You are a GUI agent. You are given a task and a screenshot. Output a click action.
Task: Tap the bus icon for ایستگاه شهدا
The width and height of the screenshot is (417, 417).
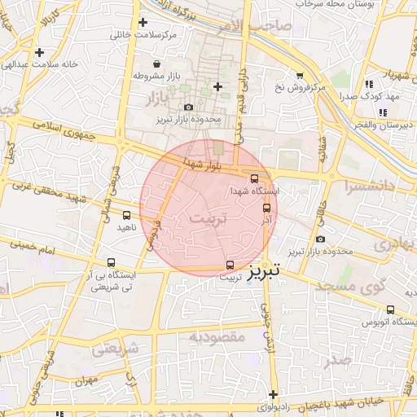254,178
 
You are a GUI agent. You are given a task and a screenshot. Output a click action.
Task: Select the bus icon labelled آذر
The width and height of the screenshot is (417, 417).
266,208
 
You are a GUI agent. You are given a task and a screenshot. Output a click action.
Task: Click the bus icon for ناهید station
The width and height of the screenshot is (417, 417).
125,215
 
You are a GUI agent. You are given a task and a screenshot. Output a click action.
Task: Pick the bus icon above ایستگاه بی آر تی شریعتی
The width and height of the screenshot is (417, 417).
111,263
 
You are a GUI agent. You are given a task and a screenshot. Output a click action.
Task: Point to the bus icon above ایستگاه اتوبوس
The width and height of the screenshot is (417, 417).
390,309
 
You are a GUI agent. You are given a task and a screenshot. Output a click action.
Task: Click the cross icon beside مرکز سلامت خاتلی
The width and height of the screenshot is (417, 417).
143,23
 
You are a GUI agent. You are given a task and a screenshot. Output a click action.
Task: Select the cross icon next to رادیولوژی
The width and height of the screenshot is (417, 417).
273,393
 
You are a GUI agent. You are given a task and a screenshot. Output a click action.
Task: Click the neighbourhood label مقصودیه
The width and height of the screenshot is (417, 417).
217,336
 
